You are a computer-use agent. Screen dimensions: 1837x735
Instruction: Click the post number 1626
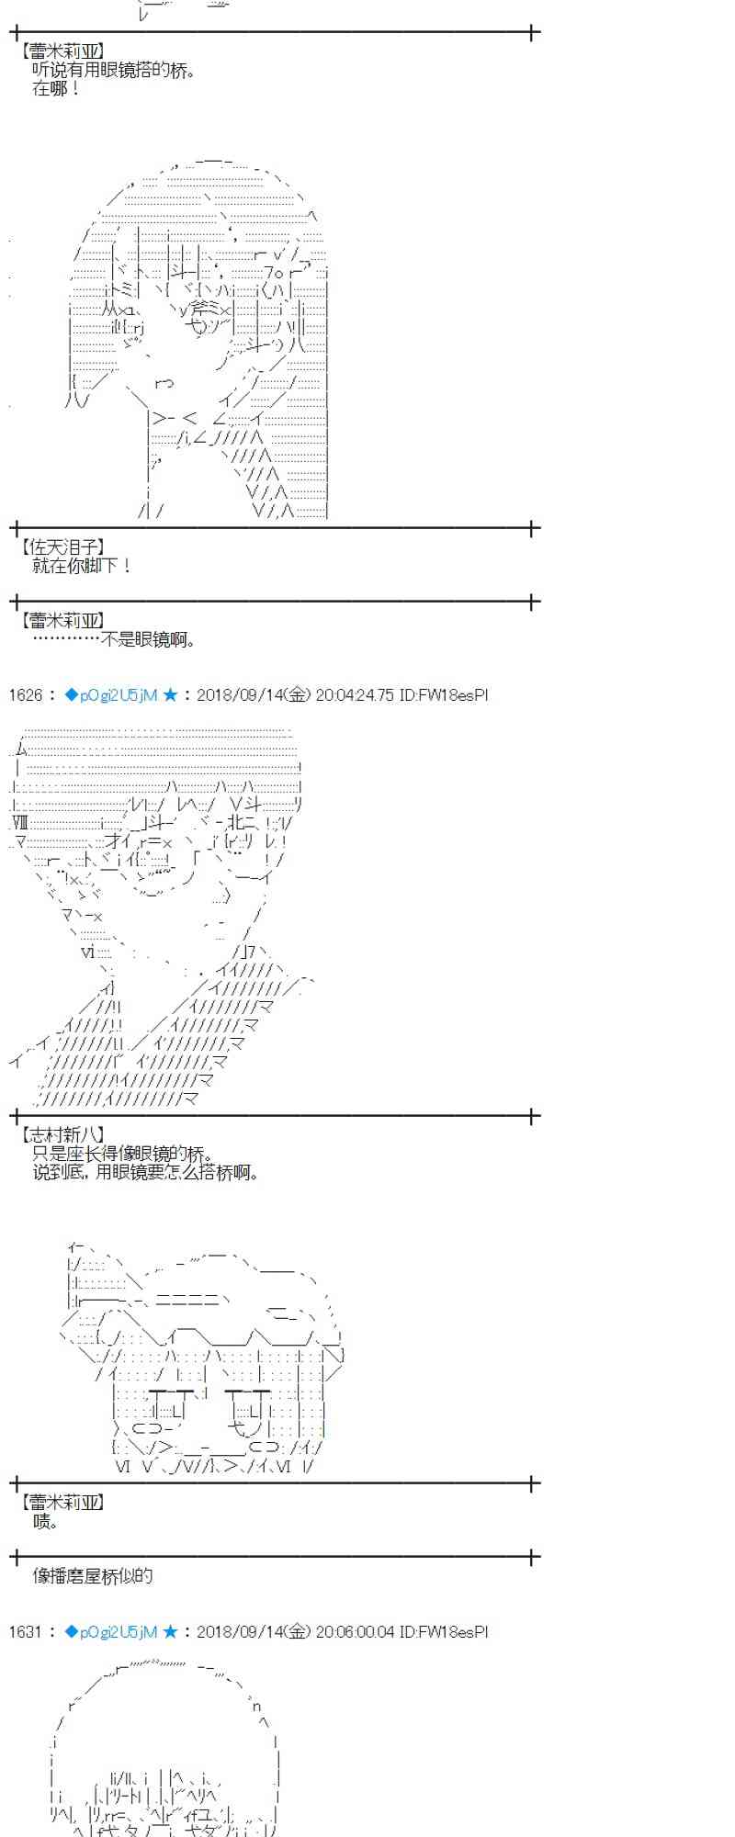pyautogui.click(x=25, y=695)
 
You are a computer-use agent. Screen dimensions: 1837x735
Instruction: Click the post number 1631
pyautogui.click(x=25, y=1632)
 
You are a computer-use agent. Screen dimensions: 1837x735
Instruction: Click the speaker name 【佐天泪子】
pyautogui.click(x=61, y=547)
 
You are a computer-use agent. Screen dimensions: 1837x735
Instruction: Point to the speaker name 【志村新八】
pyautogui.click(x=61, y=1135)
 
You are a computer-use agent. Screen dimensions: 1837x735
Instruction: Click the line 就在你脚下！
pyautogui.click(x=83, y=566)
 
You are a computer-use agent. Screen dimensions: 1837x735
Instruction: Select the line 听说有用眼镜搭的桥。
pyautogui.click(x=114, y=71)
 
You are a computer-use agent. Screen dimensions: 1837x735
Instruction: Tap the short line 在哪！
pyautogui.click(x=57, y=89)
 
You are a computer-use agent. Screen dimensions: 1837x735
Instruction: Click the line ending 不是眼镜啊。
pyautogui.click(x=114, y=640)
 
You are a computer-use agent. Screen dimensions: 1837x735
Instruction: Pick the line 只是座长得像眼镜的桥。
pyautogui.click(x=122, y=1155)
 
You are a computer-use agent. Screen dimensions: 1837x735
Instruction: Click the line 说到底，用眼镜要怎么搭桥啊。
pyautogui.click(x=145, y=1173)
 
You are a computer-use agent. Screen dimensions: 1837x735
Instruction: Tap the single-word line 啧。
pyautogui.click(x=46, y=1522)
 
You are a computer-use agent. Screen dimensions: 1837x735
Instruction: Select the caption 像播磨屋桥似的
pyautogui.click(x=93, y=1576)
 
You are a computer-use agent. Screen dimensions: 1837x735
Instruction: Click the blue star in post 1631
pyautogui.click(x=170, y=1632)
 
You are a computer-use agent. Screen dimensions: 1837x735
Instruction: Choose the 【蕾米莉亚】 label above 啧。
pyautogui.click(x=61, y=1503)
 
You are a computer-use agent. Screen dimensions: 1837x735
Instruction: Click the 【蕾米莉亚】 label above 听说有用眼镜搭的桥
pyautogui.click(x=61, y=51)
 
